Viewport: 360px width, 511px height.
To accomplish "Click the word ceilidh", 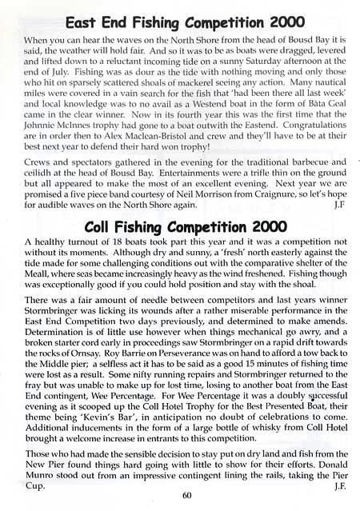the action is [x=41, y=193].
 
